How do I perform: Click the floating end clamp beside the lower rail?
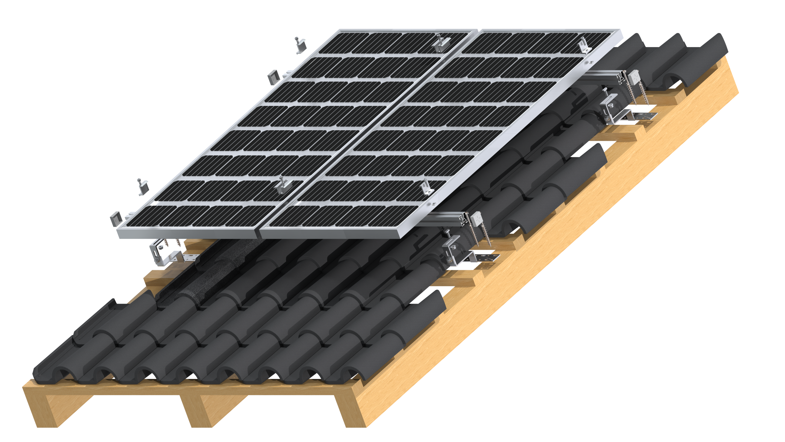click(142, 187)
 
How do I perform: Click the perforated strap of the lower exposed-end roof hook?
click(488, 257)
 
